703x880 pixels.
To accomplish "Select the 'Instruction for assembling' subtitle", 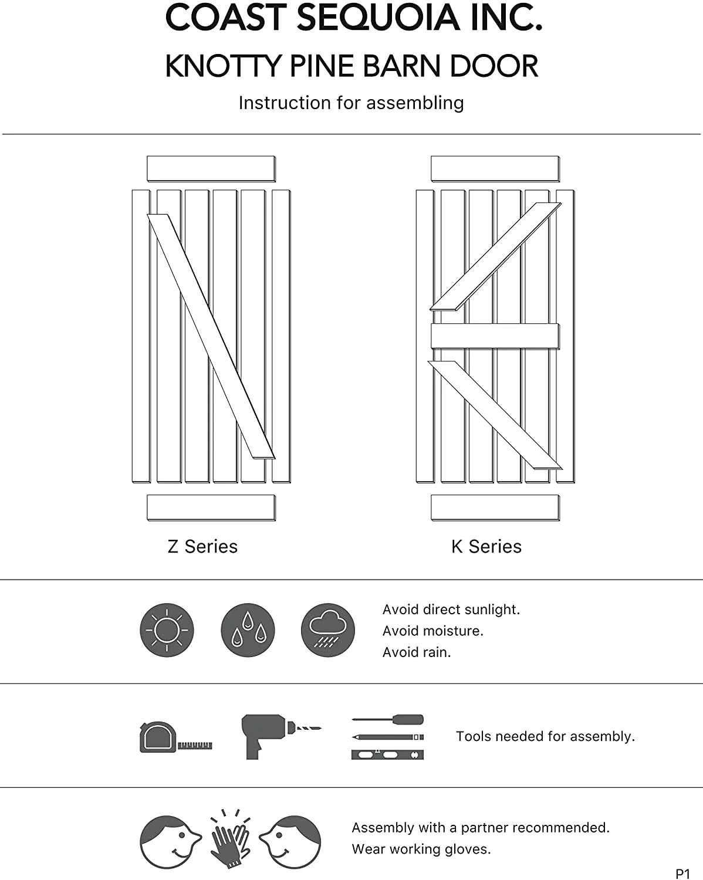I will tap(351, 103).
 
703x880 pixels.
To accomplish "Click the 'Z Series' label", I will tap(202, 546).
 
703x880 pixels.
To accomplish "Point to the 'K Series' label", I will tap(486, 546).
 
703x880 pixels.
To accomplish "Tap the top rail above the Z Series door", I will tap(211, 168).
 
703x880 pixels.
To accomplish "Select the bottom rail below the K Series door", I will tap(495, 507).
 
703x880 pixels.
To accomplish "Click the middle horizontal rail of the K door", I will tap(495, 336).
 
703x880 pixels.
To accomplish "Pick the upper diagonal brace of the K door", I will tap(496, 256).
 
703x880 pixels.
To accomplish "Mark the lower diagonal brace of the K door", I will tap(495, 414).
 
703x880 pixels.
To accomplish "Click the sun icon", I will tap(167, 630).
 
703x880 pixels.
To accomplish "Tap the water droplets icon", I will tap(248, 630).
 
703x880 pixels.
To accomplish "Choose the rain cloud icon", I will tap(328, 630).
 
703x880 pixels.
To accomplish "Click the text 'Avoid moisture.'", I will tap(432, 631).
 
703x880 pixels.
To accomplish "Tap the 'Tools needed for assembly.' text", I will tap(545, 736).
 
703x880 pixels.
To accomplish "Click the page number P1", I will tap(682, 874).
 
